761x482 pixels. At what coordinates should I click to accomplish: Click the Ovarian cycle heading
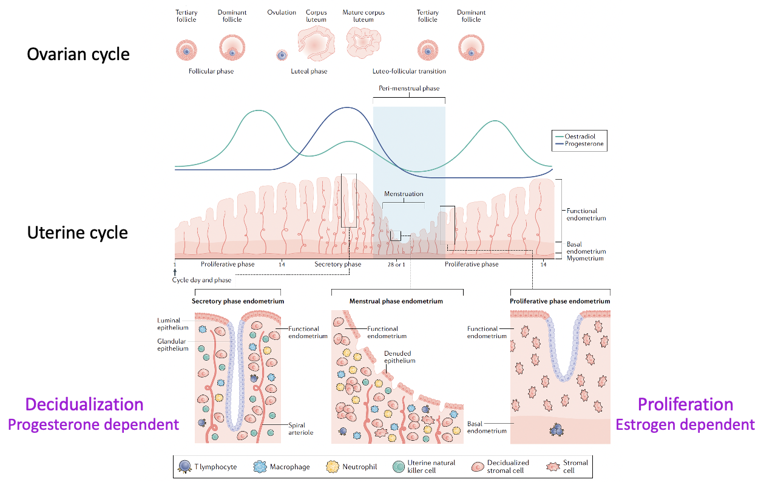pos(78,55)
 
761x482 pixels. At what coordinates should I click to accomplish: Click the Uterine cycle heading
pos(78,233)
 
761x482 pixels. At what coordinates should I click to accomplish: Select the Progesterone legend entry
pos(580,144)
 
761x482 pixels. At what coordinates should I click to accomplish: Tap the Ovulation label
pos(282,12)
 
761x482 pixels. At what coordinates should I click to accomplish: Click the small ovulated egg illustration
pos(282,55)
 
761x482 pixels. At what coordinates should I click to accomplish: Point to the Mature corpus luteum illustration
pos(364,42)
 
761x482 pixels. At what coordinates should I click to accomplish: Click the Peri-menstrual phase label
pos(409,89)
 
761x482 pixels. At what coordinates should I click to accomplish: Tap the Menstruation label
pos(404,194)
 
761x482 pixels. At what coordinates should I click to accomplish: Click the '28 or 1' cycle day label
pos(396,265)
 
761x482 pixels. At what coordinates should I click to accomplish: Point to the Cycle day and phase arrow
pos(175,272)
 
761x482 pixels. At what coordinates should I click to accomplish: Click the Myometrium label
pos(585,259)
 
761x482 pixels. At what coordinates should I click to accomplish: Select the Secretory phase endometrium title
pos(238,301)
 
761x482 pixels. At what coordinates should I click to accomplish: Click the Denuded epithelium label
pos(399,357)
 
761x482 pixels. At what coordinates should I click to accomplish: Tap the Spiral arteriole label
pos(300,429)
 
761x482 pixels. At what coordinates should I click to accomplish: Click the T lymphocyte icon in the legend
pos(185,467)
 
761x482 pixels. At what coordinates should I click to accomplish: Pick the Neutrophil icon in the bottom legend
pos(333,467)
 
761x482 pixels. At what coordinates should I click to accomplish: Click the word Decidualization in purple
pos(84,404)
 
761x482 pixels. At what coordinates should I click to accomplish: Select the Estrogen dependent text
pos(685,425)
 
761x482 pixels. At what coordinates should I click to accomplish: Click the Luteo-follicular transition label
pos(409,71)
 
